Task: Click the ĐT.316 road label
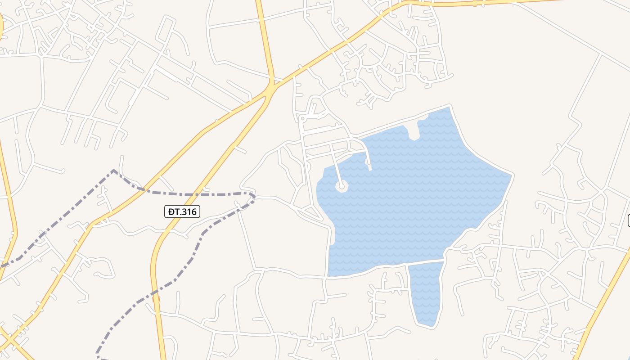click(x=182, y=211)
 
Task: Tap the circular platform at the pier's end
click(x=342, y=185)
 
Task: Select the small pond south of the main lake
click(x=425, y=292)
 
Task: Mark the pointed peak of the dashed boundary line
click(x=113, y=171)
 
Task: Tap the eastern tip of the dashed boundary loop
click(x=254, y=197)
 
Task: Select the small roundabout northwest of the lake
click(x=303, y=119)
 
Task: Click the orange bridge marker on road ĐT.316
click(x=156, y=298)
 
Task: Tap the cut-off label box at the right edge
click(x=628, y=220)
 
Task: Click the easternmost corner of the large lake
click(x=512, y=175)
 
